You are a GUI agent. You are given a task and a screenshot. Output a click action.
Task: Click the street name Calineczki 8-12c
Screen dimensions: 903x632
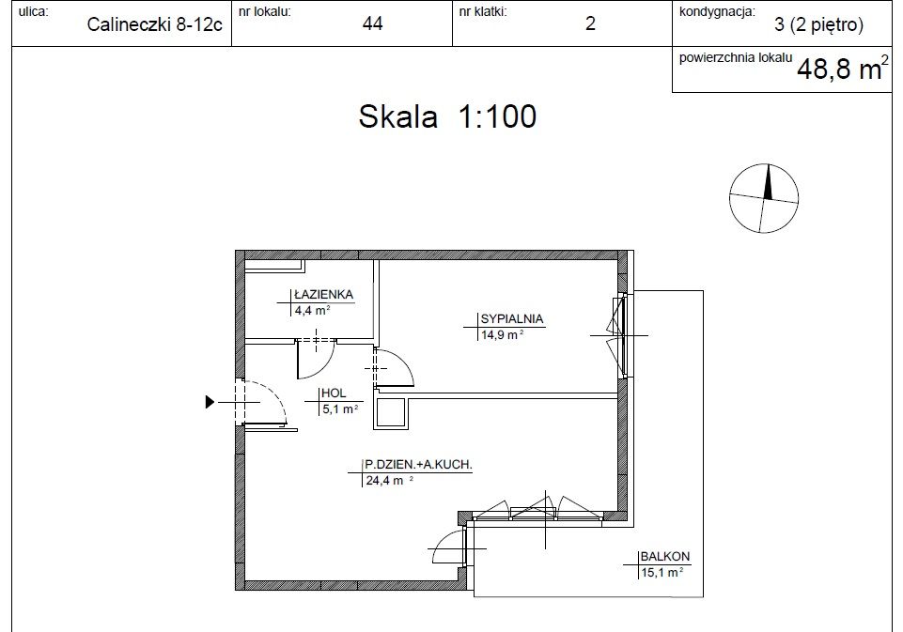click(154, 24)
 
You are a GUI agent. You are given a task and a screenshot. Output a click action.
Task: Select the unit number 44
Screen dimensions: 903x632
click(373, 23)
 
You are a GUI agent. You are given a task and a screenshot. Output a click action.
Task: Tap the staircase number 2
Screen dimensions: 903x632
click(590, 23)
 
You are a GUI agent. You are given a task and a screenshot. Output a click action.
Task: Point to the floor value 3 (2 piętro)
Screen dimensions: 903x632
click(819, 24)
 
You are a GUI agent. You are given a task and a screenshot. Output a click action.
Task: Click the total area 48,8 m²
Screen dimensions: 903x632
click(843, 69)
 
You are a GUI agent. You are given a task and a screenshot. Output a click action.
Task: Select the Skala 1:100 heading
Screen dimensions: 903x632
click(447, 116)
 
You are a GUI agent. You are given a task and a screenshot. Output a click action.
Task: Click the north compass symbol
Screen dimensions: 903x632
click(764, 198)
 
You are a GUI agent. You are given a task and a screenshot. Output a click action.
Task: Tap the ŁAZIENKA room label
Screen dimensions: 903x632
click(323, 294)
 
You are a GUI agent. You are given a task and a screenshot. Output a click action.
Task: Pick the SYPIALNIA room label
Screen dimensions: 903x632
click(512, 319)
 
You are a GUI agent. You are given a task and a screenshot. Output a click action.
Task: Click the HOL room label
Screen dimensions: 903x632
click(334, 393)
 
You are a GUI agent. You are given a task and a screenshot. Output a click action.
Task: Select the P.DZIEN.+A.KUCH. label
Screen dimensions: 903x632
click(419, 465)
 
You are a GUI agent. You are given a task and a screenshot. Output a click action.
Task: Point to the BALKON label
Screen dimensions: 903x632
click(665, 557)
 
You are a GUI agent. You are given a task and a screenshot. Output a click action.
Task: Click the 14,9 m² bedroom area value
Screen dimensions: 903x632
click(502, 335)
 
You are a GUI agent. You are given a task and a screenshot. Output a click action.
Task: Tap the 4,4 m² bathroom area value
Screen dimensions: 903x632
click(312, 311)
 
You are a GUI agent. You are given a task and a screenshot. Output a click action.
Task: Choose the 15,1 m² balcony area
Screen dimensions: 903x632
click(662, 573)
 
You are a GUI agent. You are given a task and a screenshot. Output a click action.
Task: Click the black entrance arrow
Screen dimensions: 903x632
click(210, 402)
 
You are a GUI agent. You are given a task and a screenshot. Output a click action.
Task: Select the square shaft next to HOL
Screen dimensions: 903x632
click(391, 412)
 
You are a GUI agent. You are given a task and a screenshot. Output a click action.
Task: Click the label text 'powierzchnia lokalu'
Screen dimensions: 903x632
click(736, 58)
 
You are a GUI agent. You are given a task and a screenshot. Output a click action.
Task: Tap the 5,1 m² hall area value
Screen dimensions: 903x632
click(340, 409)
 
